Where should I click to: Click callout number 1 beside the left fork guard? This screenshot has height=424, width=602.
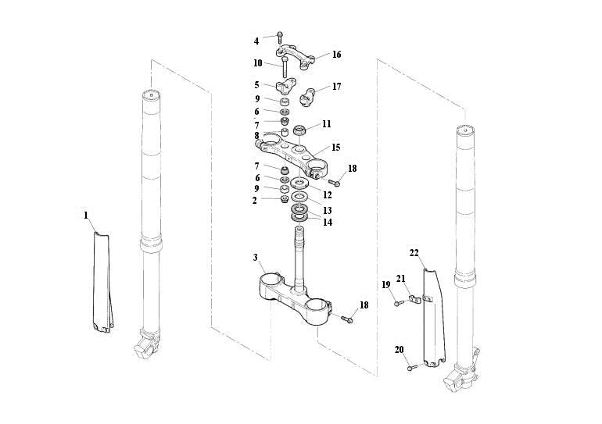(86, 214)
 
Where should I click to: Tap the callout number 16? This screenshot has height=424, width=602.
(336, 55)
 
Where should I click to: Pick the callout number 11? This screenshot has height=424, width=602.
(326, 124)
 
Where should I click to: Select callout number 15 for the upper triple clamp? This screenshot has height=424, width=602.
(335, 147)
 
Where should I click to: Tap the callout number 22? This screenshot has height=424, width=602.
(414, 252)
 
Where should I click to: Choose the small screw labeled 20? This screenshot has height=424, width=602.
(410, 367)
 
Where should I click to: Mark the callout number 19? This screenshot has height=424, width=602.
(385, 284)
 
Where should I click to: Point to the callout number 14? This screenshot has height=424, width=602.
(328, 223)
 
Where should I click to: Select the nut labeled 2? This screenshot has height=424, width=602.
(276, 200)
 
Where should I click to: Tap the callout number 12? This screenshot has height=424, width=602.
(328, 194)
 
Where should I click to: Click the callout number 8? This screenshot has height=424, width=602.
(256, 135)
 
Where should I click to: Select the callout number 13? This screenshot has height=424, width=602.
(328, 211)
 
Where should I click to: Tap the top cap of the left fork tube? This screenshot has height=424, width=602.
(152, 95)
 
